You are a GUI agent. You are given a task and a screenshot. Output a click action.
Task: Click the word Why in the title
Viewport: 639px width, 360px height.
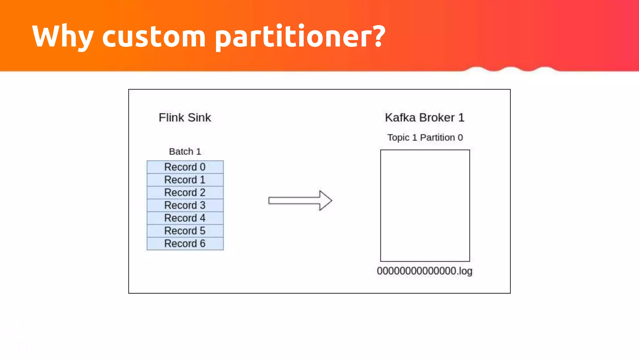point(62,37)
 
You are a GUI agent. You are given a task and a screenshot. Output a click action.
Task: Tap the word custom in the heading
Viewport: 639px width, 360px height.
point(154,37)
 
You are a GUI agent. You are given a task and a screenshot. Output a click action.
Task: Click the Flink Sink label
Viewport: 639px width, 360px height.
point(185,118)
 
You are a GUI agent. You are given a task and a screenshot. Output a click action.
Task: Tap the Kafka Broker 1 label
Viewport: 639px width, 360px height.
point(424,118)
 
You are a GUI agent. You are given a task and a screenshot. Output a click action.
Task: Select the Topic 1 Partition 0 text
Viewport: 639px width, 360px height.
point(425,137)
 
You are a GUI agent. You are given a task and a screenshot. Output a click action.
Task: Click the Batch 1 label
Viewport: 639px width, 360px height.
point(185,152)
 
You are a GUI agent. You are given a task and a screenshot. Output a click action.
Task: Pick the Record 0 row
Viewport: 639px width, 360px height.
point(185,167)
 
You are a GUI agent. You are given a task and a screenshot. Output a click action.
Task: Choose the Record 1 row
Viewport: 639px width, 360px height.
point(185,180)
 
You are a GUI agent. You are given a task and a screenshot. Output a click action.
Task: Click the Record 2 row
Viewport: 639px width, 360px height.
point(185,192)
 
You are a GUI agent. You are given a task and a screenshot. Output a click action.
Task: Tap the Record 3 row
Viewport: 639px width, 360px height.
point(185,205)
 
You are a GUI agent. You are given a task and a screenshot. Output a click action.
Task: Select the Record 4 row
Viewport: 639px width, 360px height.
point(185,218)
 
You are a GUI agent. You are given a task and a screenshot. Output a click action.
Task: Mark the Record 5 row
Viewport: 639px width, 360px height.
point(185,231)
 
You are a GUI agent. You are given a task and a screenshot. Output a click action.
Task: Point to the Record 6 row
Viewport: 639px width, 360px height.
point(185,244)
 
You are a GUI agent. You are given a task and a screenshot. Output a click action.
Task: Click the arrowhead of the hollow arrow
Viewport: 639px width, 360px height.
point(325,201)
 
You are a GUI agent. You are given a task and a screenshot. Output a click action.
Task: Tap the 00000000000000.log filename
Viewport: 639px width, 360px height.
point(424,271)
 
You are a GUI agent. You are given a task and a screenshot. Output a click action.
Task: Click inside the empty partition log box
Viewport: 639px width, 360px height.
point(425,205)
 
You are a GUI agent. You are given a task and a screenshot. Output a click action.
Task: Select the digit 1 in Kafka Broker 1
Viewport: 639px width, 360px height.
point(461,118)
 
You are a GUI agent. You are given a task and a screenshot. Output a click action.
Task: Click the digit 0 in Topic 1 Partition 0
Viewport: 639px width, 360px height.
point(460,137)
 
